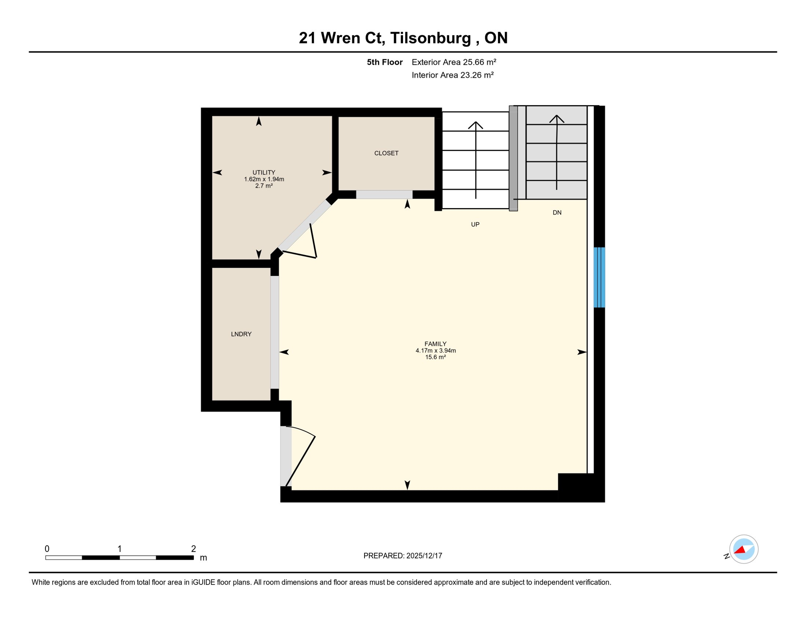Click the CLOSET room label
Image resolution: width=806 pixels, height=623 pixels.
tap(386, 153)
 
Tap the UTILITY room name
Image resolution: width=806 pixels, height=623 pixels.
tap(264, 172)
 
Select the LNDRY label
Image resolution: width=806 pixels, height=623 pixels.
tap(241, 334)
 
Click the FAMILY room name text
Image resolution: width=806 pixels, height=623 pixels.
tap(435, 344)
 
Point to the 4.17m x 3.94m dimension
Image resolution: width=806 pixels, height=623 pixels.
tap(435, 351)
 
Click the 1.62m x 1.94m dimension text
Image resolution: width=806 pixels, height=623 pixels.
tap(264, 179)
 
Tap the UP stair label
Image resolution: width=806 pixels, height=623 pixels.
tap(475, 224)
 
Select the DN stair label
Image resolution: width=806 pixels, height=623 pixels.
tap(557, 213)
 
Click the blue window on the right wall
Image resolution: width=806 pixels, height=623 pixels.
tap(599, 277)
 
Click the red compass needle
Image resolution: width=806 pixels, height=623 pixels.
tap(740, 550)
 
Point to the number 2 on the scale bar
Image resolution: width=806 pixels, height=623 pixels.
tap(193, 549)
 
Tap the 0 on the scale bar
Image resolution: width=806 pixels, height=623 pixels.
tap(47, 549)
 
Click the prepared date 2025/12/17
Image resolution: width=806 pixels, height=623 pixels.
tap(424, 556)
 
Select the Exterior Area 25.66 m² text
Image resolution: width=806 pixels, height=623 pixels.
tap(454, 62)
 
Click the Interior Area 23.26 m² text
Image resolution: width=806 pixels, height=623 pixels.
tap(452, 75)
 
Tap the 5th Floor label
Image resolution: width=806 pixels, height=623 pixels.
tap(384, 62)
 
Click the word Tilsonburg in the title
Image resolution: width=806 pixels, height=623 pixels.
tap(431, 38)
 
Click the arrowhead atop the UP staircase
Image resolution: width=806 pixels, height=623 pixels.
tap(476, 125)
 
